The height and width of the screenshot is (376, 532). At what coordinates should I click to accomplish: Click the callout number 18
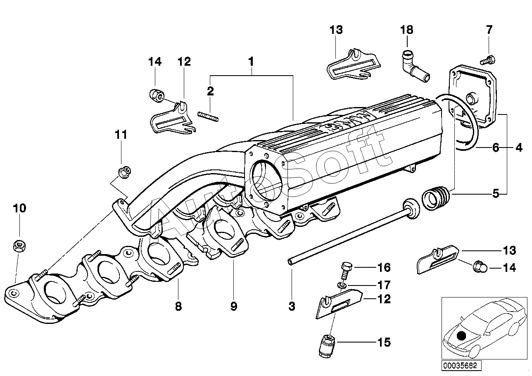[x=406, y=30]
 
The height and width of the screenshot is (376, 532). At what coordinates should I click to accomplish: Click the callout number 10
[x=19, y=208]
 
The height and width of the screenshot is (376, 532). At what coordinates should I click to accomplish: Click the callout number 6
[x=496, y=147]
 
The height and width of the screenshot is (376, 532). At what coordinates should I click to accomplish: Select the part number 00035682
[x=459, y=366]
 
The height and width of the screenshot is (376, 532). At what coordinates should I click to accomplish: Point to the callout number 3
[x=292, y=306]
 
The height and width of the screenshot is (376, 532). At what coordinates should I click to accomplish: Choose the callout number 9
[x=233, y=306]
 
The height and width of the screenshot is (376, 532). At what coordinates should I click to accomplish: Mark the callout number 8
[x=178, y=306]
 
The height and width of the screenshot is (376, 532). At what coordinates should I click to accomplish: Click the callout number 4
[x=518, y=147]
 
